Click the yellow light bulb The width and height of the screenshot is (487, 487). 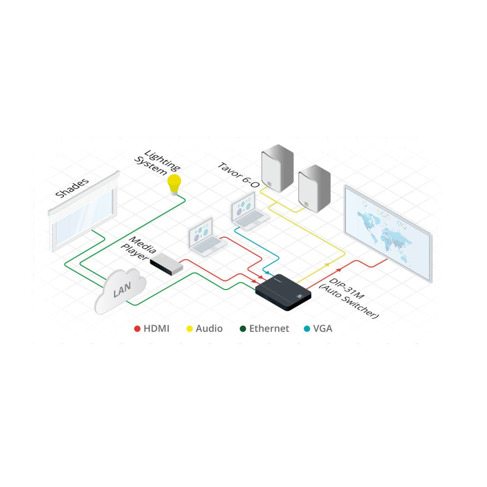[x=174, y=185]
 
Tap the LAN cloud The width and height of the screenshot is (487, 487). [x=120, y=291]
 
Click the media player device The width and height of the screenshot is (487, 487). [x=166, y=263]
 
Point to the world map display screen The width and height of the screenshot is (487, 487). [x=388, y=233]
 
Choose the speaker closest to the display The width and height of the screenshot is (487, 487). [x=314, y=188]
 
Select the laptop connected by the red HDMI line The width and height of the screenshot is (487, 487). [x=207, y=237]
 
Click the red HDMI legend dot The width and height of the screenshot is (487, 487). [x=137, y=329]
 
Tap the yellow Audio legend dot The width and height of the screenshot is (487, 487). [x=189, y=329]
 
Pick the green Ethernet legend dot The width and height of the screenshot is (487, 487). [x=243, y=329]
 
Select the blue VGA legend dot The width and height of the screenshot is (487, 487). [x=307, y=329]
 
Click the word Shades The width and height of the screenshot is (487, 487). [x=72, y=188]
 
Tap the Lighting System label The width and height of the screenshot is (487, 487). [x=157, y=163]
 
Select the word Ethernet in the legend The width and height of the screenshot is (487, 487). [x=269, y=329]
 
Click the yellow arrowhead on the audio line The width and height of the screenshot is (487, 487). [x=327, y=264]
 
